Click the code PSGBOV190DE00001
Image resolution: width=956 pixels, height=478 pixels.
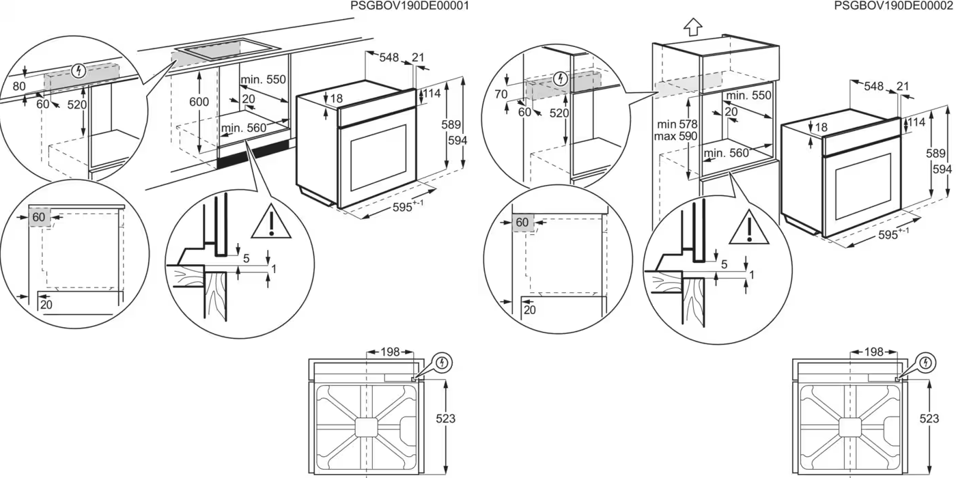pos(409,6)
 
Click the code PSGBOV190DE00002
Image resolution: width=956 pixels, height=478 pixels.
pos(892,6)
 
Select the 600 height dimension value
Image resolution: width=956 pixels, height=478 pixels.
pos(199,101)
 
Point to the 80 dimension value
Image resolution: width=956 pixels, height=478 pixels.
pos(19,87)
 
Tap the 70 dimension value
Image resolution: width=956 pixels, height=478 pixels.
pos(501,94)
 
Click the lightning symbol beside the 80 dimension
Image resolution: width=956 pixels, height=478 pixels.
pos(79,70)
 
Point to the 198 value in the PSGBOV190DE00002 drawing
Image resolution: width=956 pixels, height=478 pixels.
pos(873,352)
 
